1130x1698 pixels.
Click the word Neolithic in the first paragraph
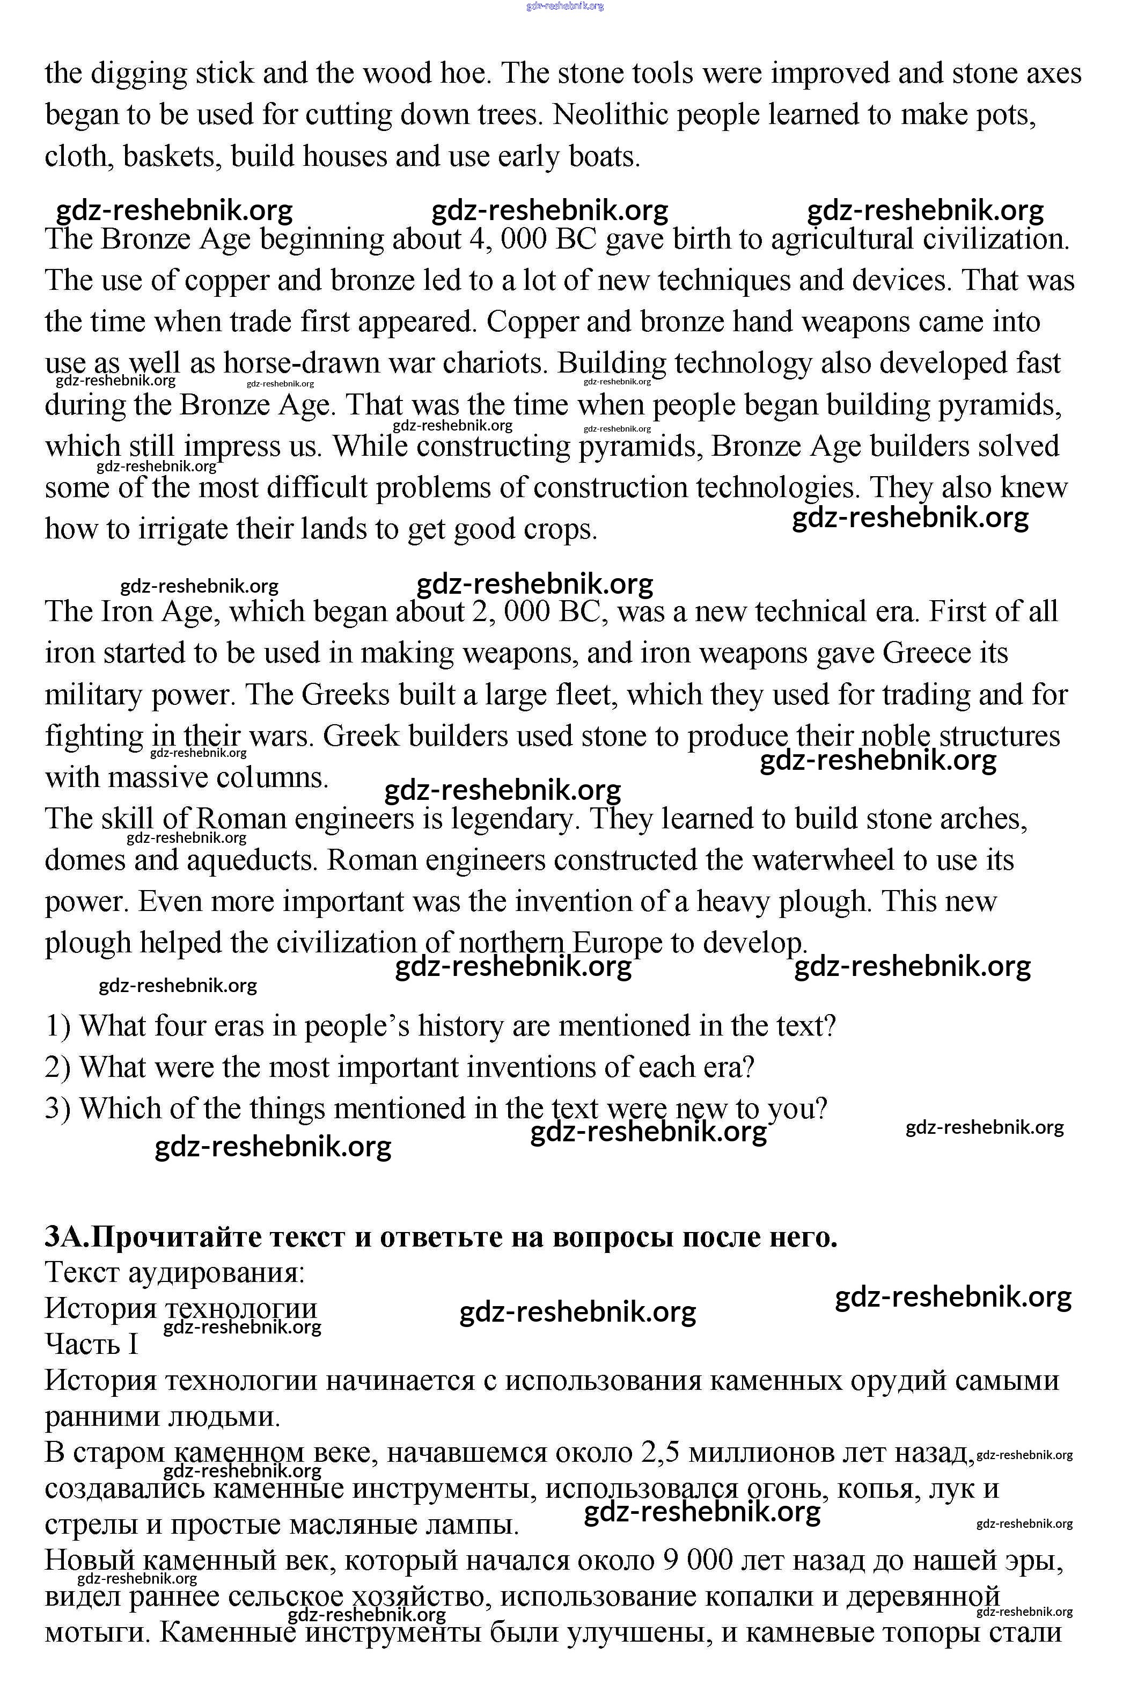coord(611,115)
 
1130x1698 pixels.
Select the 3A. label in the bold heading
coord(68,1237)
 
